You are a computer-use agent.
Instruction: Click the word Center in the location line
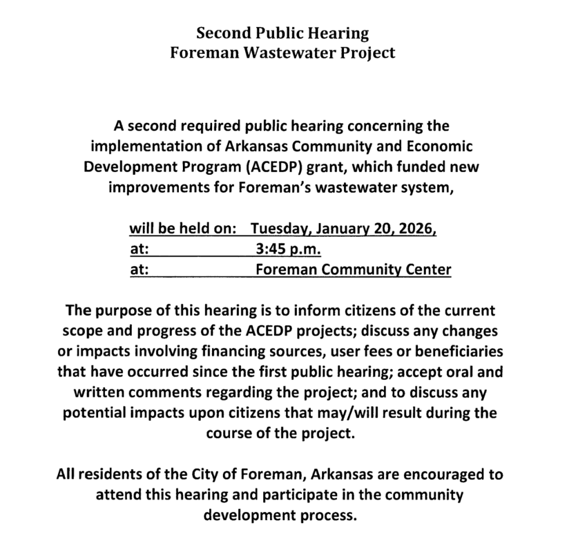point(427,269)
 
